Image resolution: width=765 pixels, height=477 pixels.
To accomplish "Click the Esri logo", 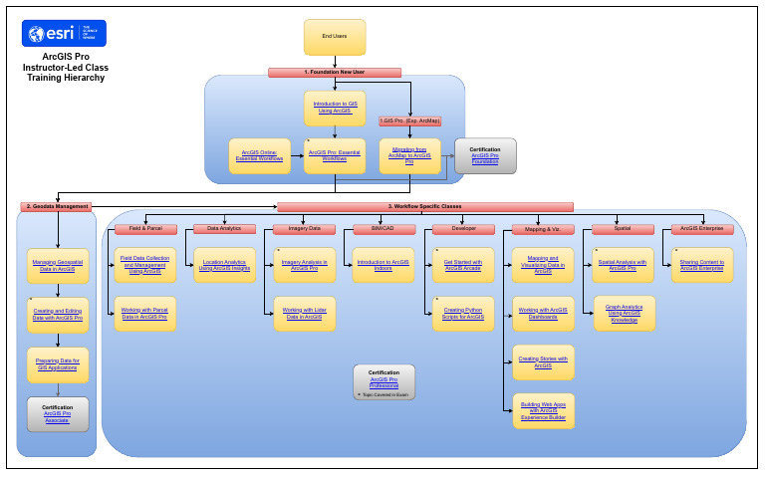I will tap(64, 34).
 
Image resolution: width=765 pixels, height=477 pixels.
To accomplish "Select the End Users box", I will tap(335, 37).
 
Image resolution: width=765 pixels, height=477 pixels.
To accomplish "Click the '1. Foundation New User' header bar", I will tap(335, 73).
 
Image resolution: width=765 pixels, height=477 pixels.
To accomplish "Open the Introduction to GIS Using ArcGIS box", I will tap(335, 108).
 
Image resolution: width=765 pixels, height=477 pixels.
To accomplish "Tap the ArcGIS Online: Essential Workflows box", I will tap(259, 155).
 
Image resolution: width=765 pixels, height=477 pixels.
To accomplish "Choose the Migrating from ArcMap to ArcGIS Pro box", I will tap(409, 155).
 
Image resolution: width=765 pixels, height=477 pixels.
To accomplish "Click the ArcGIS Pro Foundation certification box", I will tap(485, 155).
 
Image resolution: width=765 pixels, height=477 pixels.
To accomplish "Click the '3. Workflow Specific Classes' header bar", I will tap(425, 206).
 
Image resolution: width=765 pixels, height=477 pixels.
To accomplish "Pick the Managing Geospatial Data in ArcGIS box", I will tap(58, 265).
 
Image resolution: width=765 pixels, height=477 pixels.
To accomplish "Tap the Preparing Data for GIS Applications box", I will tap(58, 363).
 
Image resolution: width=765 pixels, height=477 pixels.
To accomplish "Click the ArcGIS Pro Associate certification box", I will tap(58, 413).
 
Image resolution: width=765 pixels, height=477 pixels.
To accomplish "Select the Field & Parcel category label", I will tap(145, 229).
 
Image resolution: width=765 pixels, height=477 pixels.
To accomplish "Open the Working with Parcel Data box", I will tap(145, 314).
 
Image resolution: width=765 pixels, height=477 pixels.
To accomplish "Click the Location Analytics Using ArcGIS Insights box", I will tap(225, 265).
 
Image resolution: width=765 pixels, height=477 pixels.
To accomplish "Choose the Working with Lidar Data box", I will tap(305, 314).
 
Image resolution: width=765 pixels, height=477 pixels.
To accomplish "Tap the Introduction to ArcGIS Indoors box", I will tap(383, 265).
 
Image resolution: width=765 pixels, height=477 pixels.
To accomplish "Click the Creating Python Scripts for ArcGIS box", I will tap(463, 314).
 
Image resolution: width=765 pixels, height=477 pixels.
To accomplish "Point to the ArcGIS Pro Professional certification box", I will tap(383, 381).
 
